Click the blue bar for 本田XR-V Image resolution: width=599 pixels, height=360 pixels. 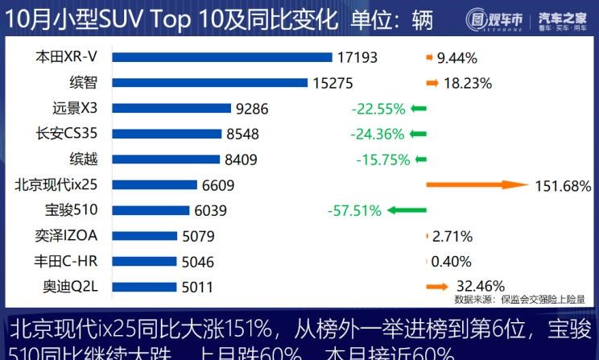221,57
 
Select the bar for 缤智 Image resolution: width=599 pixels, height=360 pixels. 209,82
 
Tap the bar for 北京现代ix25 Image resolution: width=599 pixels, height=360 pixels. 154,185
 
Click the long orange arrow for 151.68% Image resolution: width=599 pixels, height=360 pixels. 476,185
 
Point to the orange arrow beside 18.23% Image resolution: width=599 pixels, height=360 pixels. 432,82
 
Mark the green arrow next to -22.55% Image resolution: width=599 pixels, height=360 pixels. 418,108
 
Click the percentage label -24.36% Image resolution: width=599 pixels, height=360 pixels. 377,134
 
